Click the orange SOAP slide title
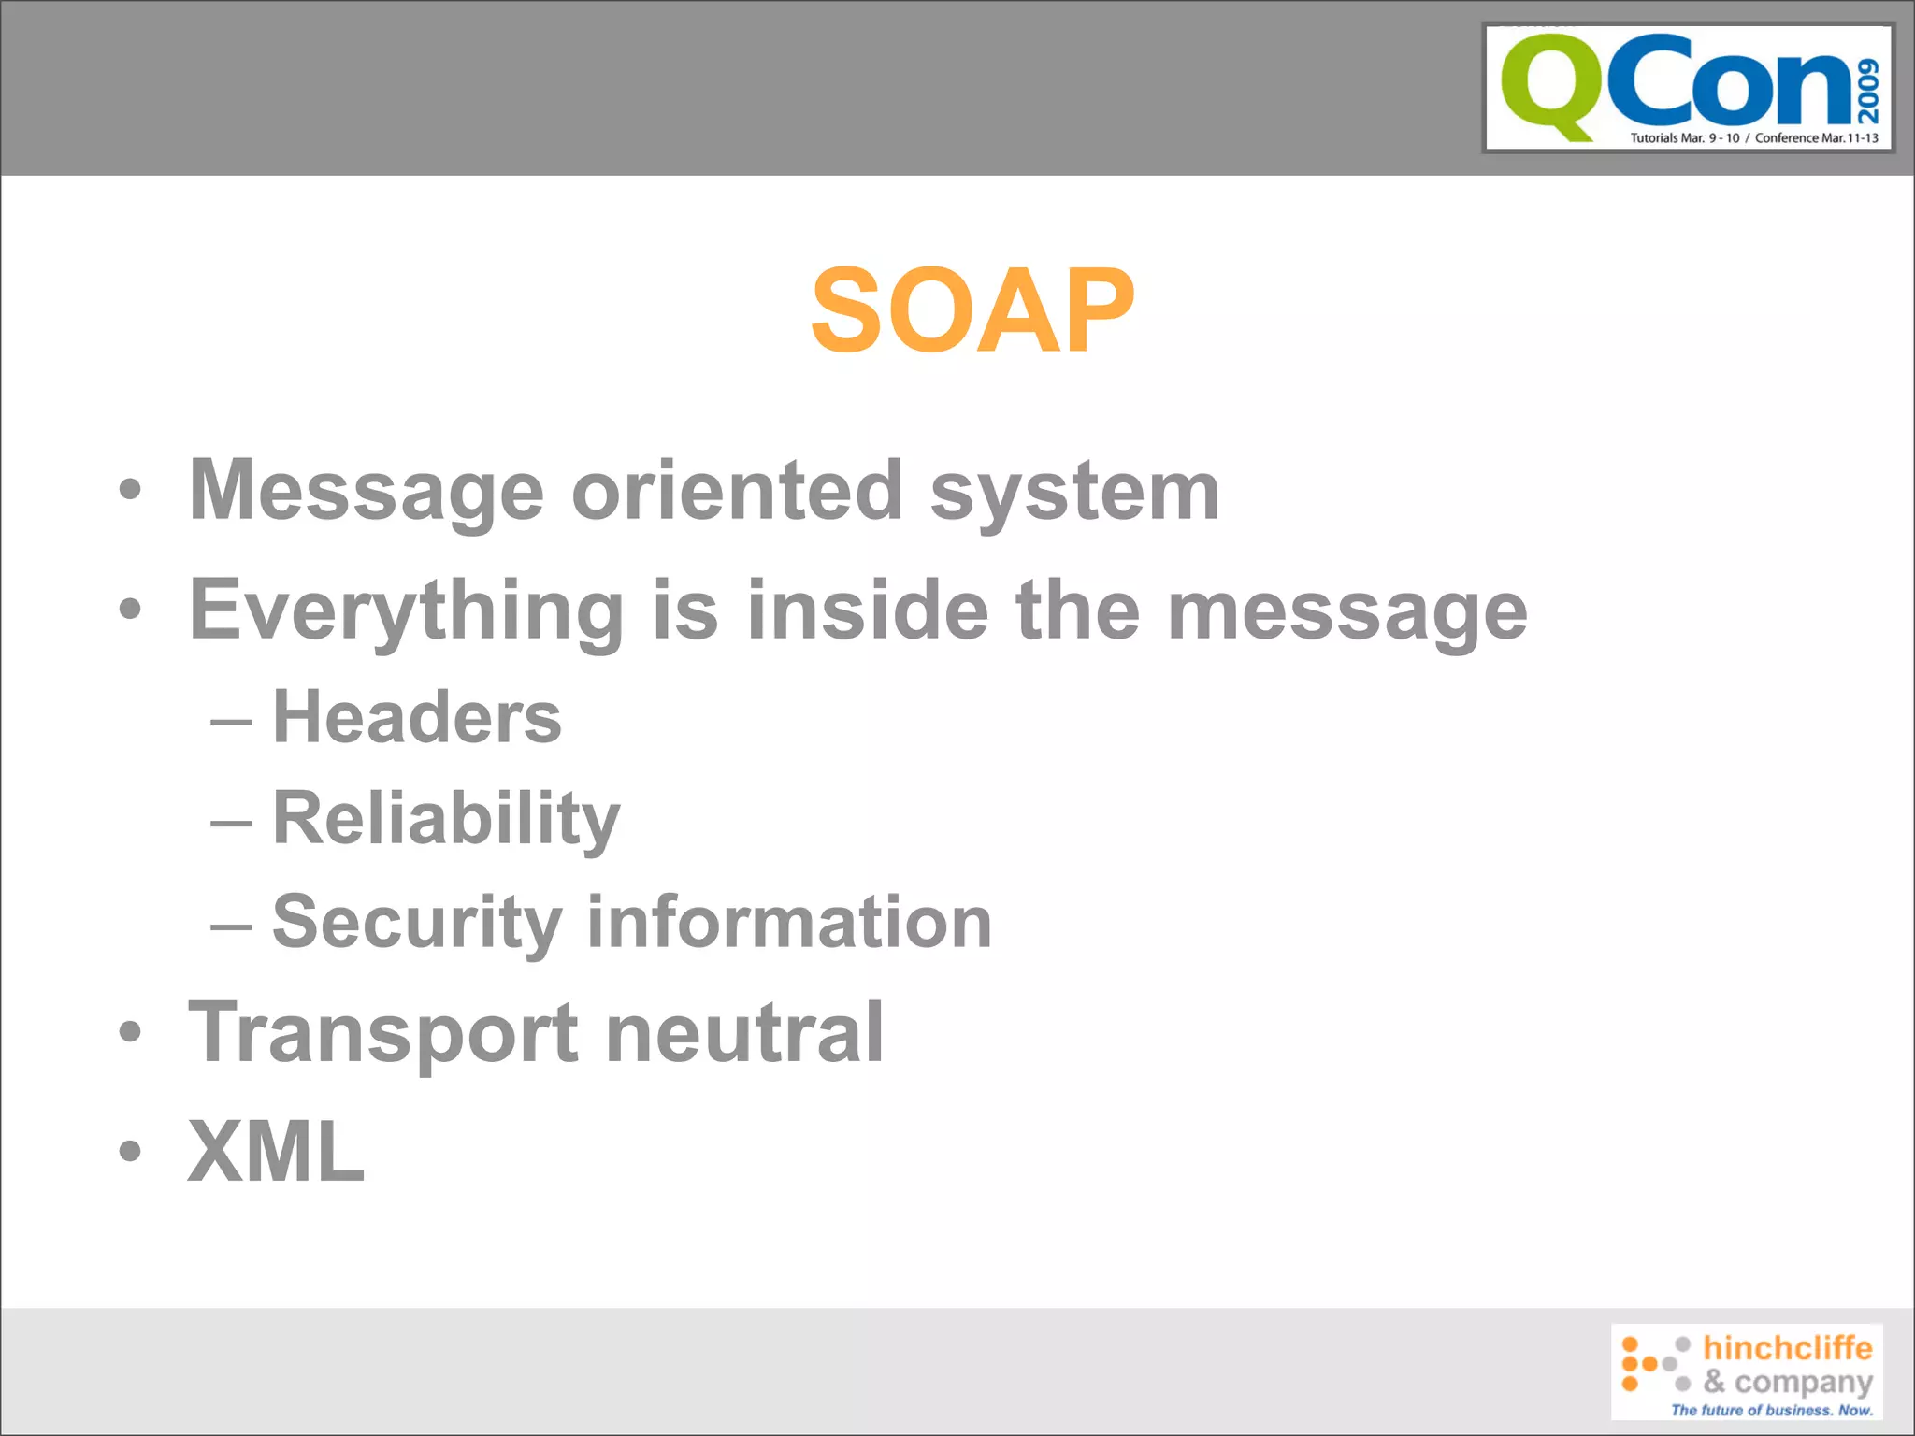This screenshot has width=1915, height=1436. pyautogui.click(x=972, y=310)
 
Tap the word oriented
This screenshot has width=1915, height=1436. pyautogui.click(x=737, y=492)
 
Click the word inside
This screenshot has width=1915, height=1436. pyautogui.click(x=868, y=610)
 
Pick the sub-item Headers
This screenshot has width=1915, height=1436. pyautogui.click(x=417, y=718)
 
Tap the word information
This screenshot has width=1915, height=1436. pyautogui.click(x=789, y=922)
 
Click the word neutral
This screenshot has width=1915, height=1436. pyautogui.click(x=744, y=1032)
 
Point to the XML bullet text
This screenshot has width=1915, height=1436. pyautogui.click(x=276, y=1152)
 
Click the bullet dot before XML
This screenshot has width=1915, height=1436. pyautogui.click(x=130, y=1152)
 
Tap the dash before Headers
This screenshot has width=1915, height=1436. pyautogui.click(x=231, y=723)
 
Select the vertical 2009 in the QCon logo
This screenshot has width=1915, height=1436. pyautogui.click(x=1868, y=91)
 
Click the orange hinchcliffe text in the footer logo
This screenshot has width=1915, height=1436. pyautogui.click(x=1787, y=1348)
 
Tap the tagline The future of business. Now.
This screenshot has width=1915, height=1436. pyautogui.click(x=1771, y=1410)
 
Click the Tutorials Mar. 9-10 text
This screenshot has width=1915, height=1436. pyautogui.click(x=1684, y=138)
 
